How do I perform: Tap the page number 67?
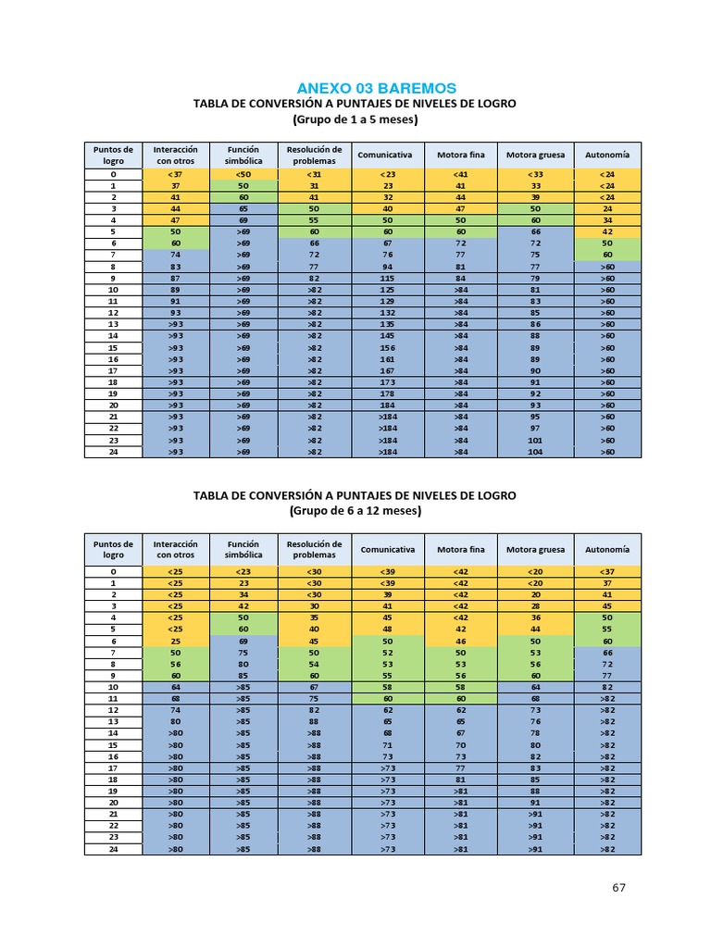click(x=619, y=887)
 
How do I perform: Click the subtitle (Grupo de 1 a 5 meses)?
click(x=355, y=119)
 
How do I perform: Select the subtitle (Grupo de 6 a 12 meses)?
click(x=355, y=510)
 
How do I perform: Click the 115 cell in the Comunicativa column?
click(x=387, y=278)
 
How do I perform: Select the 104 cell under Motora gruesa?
click(x=535, y=452)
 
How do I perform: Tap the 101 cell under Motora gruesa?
click(x=535, y=441)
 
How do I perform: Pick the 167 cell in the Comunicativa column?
click(x=387, y=370)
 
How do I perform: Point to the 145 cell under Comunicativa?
click(x=387, y=336)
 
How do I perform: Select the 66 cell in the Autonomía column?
click(x=607, y=654)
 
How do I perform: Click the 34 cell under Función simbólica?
click(x=243, y=594)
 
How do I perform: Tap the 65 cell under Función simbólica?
click(x=243, y=209)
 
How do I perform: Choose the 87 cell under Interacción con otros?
click(x=175, y=278)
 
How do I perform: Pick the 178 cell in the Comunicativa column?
click(x=387, y=393)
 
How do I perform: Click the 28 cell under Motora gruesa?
click(x=535, y=606)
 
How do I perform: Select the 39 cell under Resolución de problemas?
click(x=314, y=594)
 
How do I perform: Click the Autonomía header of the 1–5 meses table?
click(x=607, y=155)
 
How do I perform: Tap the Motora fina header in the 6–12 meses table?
click(x=460, y=550)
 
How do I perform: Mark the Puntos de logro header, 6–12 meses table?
click(x=114, y=550)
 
